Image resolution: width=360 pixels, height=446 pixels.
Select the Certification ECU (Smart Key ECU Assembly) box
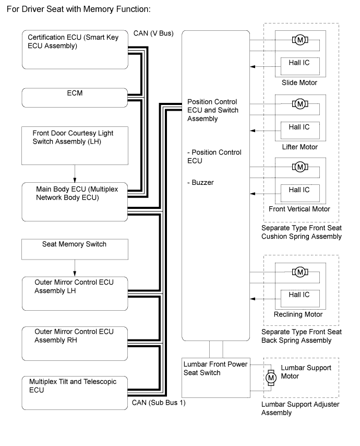tap(75, 50)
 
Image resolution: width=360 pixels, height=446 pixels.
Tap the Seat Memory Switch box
tap(75, 249)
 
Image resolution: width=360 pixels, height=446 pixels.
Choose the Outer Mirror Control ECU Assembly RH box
tap(75, 340)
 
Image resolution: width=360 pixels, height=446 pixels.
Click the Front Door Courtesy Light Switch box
tap(75, 145)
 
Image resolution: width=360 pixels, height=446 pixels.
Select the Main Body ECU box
tap(75, 201)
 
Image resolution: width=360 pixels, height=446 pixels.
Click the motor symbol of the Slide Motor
tap(299, 40)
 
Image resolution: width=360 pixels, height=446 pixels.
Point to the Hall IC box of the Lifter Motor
tap(299, 127)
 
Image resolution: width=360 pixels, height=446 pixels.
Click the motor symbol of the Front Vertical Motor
tap(299, 167)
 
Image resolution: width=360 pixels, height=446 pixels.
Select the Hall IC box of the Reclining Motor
tap(299, 295)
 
